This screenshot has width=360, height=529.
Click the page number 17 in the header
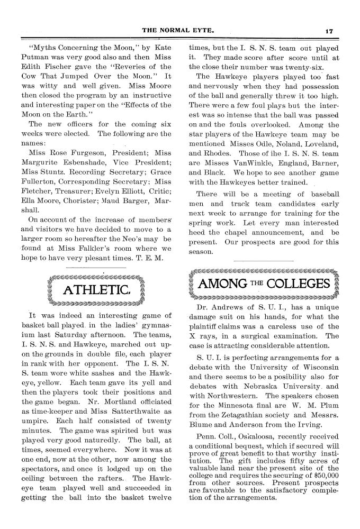point(328,31)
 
